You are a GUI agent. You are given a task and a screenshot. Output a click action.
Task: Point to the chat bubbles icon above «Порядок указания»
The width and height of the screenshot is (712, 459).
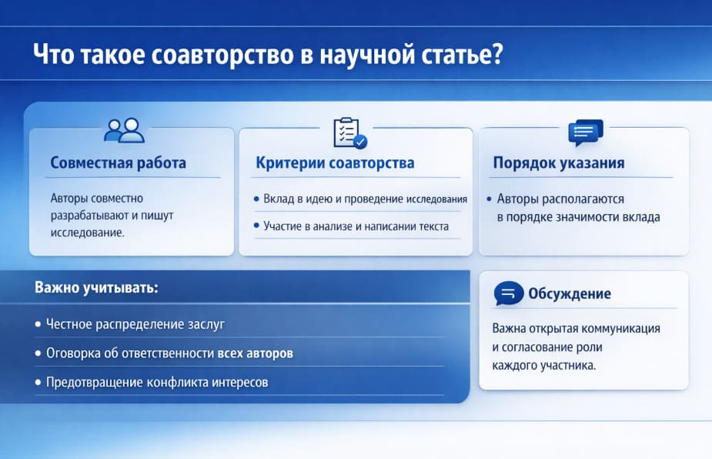pos(584,133)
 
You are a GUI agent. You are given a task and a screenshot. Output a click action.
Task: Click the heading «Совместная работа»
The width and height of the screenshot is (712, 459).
pos(118,163)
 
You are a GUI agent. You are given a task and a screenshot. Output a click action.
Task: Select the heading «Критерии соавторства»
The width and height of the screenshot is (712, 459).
pos(335,163)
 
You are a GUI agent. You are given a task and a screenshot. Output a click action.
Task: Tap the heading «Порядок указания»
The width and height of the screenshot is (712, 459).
pos(558,163)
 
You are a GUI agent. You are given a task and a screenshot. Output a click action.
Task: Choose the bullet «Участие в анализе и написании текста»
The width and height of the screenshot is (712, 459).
pos(356,226)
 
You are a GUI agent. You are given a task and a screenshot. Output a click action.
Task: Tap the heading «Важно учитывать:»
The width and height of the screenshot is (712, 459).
pos(96,288)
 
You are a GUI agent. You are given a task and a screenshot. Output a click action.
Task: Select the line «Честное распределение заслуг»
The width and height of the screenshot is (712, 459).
pos(135,324)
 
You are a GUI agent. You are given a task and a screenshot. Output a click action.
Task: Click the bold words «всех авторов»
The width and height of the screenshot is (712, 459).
pos(255,353)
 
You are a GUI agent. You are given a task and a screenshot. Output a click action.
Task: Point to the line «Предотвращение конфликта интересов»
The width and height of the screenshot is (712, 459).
pos(156,382)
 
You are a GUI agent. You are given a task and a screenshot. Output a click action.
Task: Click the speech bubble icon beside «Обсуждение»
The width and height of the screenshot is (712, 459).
pos(508,293)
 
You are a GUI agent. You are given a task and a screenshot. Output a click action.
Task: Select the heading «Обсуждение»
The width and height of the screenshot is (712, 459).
pos(570,293)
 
